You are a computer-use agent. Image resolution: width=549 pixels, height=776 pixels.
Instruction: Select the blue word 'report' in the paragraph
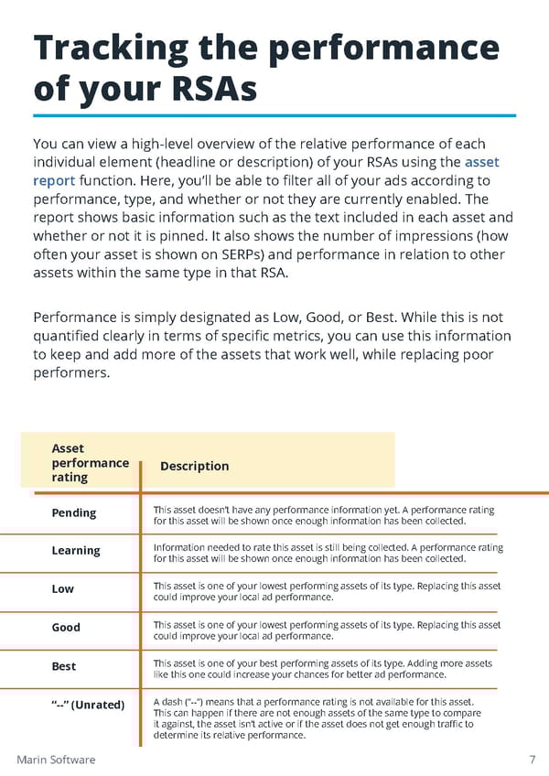click(54, 180)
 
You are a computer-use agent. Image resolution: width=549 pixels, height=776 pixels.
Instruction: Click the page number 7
click(532, 760)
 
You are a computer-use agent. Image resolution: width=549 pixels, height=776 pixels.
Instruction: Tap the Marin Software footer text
click(56, 760)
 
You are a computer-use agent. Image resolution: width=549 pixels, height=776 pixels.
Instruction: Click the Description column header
click(194, 466)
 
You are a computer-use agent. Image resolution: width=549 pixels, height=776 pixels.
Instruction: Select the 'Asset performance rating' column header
click(90, 463)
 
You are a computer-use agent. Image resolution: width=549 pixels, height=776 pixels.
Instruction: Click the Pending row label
click(74, 512)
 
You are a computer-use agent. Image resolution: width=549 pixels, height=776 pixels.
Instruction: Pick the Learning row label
click(76, 551)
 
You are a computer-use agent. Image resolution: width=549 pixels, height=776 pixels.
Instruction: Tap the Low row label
click(63, 588)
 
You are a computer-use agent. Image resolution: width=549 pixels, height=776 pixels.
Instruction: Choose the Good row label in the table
click(66, 627)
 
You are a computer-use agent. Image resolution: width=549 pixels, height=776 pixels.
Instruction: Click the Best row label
click(64, 666)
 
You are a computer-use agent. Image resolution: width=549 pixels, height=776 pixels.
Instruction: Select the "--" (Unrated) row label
click(88, 705)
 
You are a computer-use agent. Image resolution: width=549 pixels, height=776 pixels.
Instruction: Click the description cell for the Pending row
click(323, 515)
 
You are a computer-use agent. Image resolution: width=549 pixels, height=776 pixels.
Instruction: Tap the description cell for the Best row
click(322, 669)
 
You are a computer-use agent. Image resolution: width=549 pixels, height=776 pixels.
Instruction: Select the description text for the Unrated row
click(316, 717)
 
